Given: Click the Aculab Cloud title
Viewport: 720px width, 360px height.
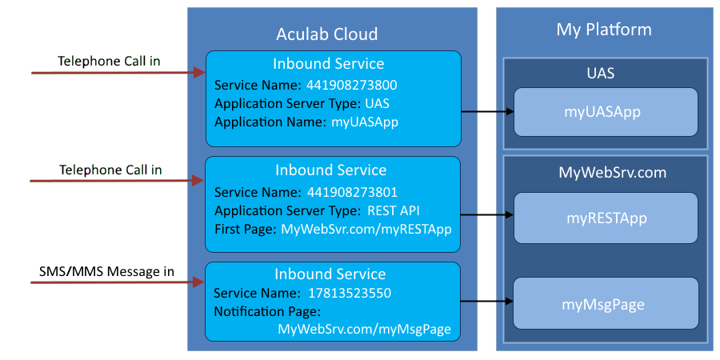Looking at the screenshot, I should point(326,34).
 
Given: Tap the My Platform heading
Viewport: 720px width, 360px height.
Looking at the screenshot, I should point(604,30).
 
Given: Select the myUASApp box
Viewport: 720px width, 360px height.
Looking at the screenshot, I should point(606,112).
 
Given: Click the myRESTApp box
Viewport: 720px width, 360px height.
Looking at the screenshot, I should point(606,218).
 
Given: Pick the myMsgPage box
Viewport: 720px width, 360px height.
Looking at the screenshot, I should point(606,304).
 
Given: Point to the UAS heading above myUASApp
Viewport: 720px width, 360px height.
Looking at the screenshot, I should point(605,73).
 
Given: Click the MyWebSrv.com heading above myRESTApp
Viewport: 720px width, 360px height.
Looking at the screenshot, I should point(605,173).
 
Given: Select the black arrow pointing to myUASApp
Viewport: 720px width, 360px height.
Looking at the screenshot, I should point(487,112).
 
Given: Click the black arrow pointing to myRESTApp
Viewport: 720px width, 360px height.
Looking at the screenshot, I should point(487,215).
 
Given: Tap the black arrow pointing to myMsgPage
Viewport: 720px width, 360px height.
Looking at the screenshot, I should point(487,302).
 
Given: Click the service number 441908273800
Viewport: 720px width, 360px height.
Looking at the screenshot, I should point(353,85).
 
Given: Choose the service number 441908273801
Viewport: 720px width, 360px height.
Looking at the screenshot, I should point(353,192).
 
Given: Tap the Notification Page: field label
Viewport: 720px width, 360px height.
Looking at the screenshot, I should point(267,311).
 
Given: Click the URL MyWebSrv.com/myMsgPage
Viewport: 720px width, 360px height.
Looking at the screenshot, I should point(365,330).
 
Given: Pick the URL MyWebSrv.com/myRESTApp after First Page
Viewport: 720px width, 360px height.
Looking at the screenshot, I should point(366,230).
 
